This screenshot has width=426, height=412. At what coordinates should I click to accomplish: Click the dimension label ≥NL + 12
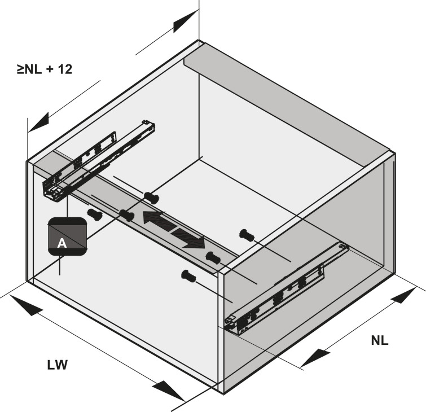[45, 70]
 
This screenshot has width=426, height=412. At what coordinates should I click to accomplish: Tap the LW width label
[58, 365]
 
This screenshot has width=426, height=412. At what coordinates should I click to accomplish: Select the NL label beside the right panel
[380, 340]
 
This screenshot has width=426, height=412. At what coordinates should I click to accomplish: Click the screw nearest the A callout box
[94, 214]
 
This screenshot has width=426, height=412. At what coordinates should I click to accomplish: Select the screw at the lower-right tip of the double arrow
[212, 257]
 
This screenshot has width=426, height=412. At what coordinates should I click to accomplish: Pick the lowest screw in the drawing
[188, 275]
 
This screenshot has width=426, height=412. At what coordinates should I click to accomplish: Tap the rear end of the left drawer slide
[149, 125]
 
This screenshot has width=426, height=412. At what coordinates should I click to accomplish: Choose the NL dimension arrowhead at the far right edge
[410, 295]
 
